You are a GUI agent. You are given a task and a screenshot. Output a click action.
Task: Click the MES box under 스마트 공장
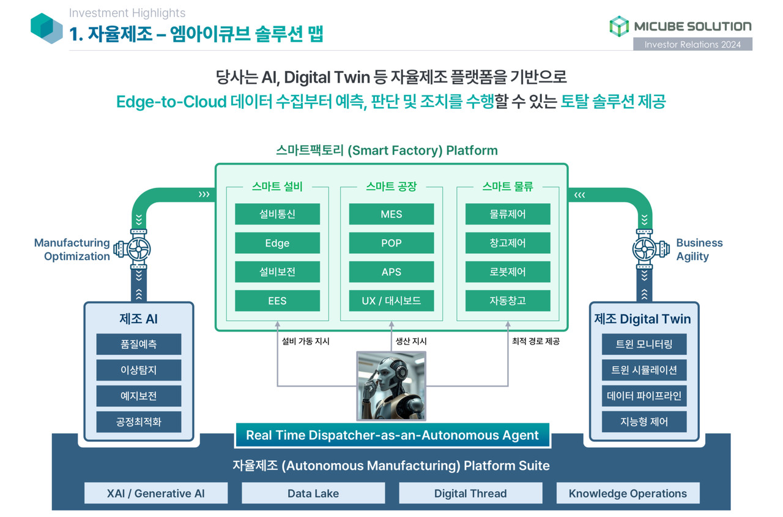click(391, 214)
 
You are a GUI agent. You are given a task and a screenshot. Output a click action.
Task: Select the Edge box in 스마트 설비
click(277, 243)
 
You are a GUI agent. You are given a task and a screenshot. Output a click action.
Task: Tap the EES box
click(277, 300)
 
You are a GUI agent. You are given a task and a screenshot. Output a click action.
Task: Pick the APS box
click(391, 272)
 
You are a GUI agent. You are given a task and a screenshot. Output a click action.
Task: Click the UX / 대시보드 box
click(391, 300)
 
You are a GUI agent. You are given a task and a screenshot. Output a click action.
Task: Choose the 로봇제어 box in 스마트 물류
click(508, 272)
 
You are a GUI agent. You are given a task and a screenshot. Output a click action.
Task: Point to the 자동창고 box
click(508, 300)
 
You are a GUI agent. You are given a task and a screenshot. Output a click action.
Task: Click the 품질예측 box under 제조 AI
click(139, 344)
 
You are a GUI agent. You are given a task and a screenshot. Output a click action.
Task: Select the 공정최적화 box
click(139, 422)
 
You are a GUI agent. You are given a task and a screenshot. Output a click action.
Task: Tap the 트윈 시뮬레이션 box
click(644, 370)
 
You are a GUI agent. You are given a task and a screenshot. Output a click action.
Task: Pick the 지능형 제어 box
click(644, 422)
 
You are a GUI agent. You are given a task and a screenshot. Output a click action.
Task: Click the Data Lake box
click(313, 493)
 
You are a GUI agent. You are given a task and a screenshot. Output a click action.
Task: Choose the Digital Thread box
click(470, 493)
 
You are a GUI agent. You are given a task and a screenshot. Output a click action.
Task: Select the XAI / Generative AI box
click(156, 493)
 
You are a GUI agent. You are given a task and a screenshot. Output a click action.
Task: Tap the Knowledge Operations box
click(628, 493)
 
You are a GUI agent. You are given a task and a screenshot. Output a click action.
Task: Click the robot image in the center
click(391, 386)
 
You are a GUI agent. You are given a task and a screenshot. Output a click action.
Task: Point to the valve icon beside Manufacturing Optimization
click(139, 250)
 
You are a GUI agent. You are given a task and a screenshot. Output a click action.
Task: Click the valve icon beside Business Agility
click(644, 250)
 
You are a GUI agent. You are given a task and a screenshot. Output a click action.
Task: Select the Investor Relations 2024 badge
click(692, 44)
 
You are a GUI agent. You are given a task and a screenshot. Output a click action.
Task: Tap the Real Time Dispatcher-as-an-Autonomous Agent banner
click(392, 436)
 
